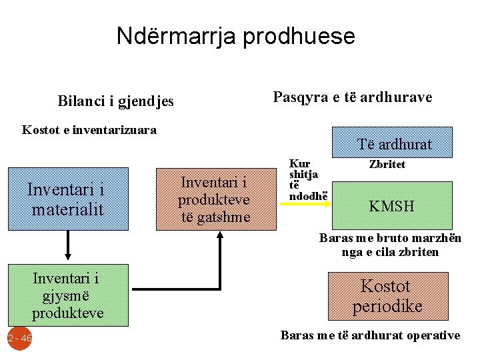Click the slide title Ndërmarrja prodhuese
pos(235,35)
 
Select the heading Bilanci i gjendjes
pos(115,101)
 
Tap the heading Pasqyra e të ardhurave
pos(353,97)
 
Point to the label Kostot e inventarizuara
pos(89,130)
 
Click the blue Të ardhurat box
pos(394,143)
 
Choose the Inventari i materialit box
pos(67,198)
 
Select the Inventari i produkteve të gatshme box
pos(215,198)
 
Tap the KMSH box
pos(392,206)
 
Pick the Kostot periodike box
pos(387,296)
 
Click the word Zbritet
pos(387,164)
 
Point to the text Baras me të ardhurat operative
pos(370,335)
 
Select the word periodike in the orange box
pos(387,306)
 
